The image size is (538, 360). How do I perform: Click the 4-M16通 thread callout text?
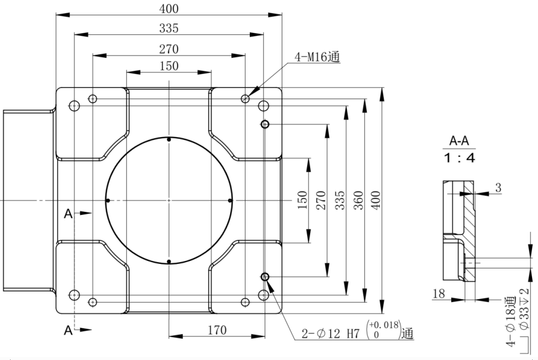(x=318, y=57)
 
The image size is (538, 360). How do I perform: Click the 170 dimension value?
(x=217, y=330)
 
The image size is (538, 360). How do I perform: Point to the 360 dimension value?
(x=357, y=201)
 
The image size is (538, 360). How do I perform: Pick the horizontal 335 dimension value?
(x=169, y=28)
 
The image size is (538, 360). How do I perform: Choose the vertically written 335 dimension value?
(x=338, y=201)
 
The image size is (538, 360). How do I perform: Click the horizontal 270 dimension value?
(x=169, y=48)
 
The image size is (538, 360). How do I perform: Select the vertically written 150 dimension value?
(x=302, y=201)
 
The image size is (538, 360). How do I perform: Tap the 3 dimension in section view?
(x=498, y=188)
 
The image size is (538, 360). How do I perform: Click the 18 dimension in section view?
(x=439, y=293)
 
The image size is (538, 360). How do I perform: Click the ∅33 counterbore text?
(x=523, y=322)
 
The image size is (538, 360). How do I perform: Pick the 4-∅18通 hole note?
(x=509, y=322)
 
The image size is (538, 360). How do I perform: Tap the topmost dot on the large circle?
(x=169, y=139)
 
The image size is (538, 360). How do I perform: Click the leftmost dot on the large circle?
(x=107, y=201)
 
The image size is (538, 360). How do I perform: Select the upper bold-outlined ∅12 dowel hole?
(x=265, y=124)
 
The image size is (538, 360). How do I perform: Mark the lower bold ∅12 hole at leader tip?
(x=265, y=277)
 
